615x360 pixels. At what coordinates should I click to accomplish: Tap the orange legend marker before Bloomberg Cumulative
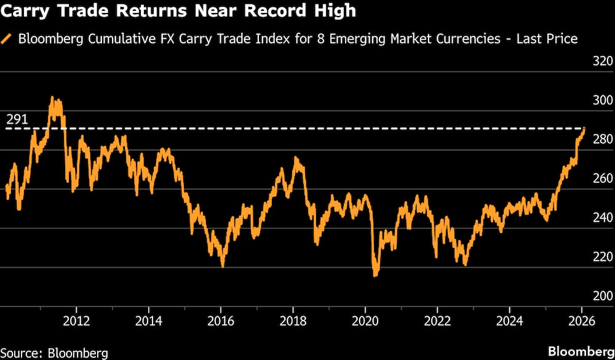point(7,39)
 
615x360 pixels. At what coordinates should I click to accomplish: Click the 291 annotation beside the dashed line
point(17,120)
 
